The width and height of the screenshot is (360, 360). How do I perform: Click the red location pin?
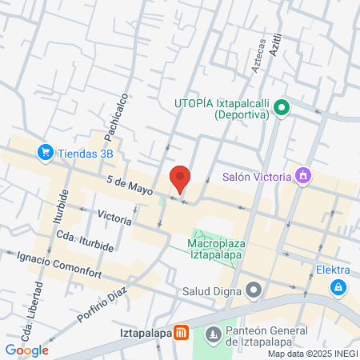click(x=180, y=178)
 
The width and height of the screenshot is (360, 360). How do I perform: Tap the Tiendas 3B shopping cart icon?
click(x=46, y=151)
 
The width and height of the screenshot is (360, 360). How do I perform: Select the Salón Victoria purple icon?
click(x=302, y=175)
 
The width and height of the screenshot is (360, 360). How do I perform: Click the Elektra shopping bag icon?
click(x=339, y=286)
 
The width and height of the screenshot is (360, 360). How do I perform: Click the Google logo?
click(x=26, y=350)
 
